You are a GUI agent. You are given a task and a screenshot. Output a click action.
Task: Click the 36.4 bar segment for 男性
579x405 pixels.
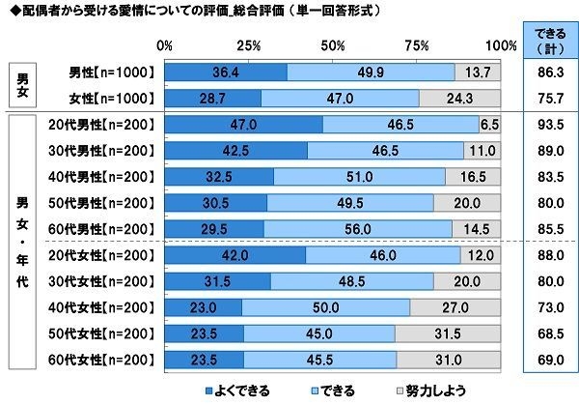pos(225,72)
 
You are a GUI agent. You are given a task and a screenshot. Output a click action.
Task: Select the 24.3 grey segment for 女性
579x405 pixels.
pos(460,98)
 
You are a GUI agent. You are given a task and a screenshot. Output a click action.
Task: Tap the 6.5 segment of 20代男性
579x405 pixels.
pos(488,125)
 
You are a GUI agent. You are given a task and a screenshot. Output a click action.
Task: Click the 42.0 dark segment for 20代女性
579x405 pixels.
pos(234,255)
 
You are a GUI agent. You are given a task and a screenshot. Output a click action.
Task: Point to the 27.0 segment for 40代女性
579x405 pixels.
pos(455,307)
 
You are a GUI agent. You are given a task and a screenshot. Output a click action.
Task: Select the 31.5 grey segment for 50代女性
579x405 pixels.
pos(448,333)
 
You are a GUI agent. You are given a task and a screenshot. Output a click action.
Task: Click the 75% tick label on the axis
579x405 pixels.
pos(417,44)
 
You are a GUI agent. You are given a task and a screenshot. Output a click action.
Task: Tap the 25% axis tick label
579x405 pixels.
pos(248,44)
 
